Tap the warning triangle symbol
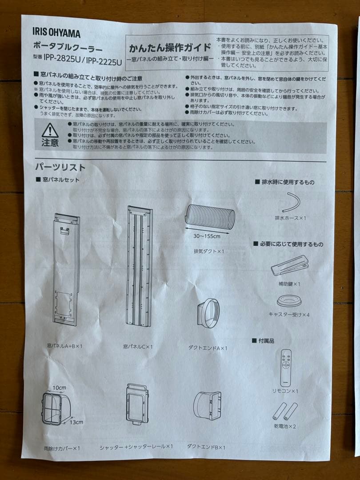point(50,131)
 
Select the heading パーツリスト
point(60,168)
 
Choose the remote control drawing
point(287,368)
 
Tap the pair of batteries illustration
point(284,411)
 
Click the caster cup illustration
point(289,301)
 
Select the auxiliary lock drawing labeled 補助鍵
point(290,265)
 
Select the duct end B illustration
point(207,406)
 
